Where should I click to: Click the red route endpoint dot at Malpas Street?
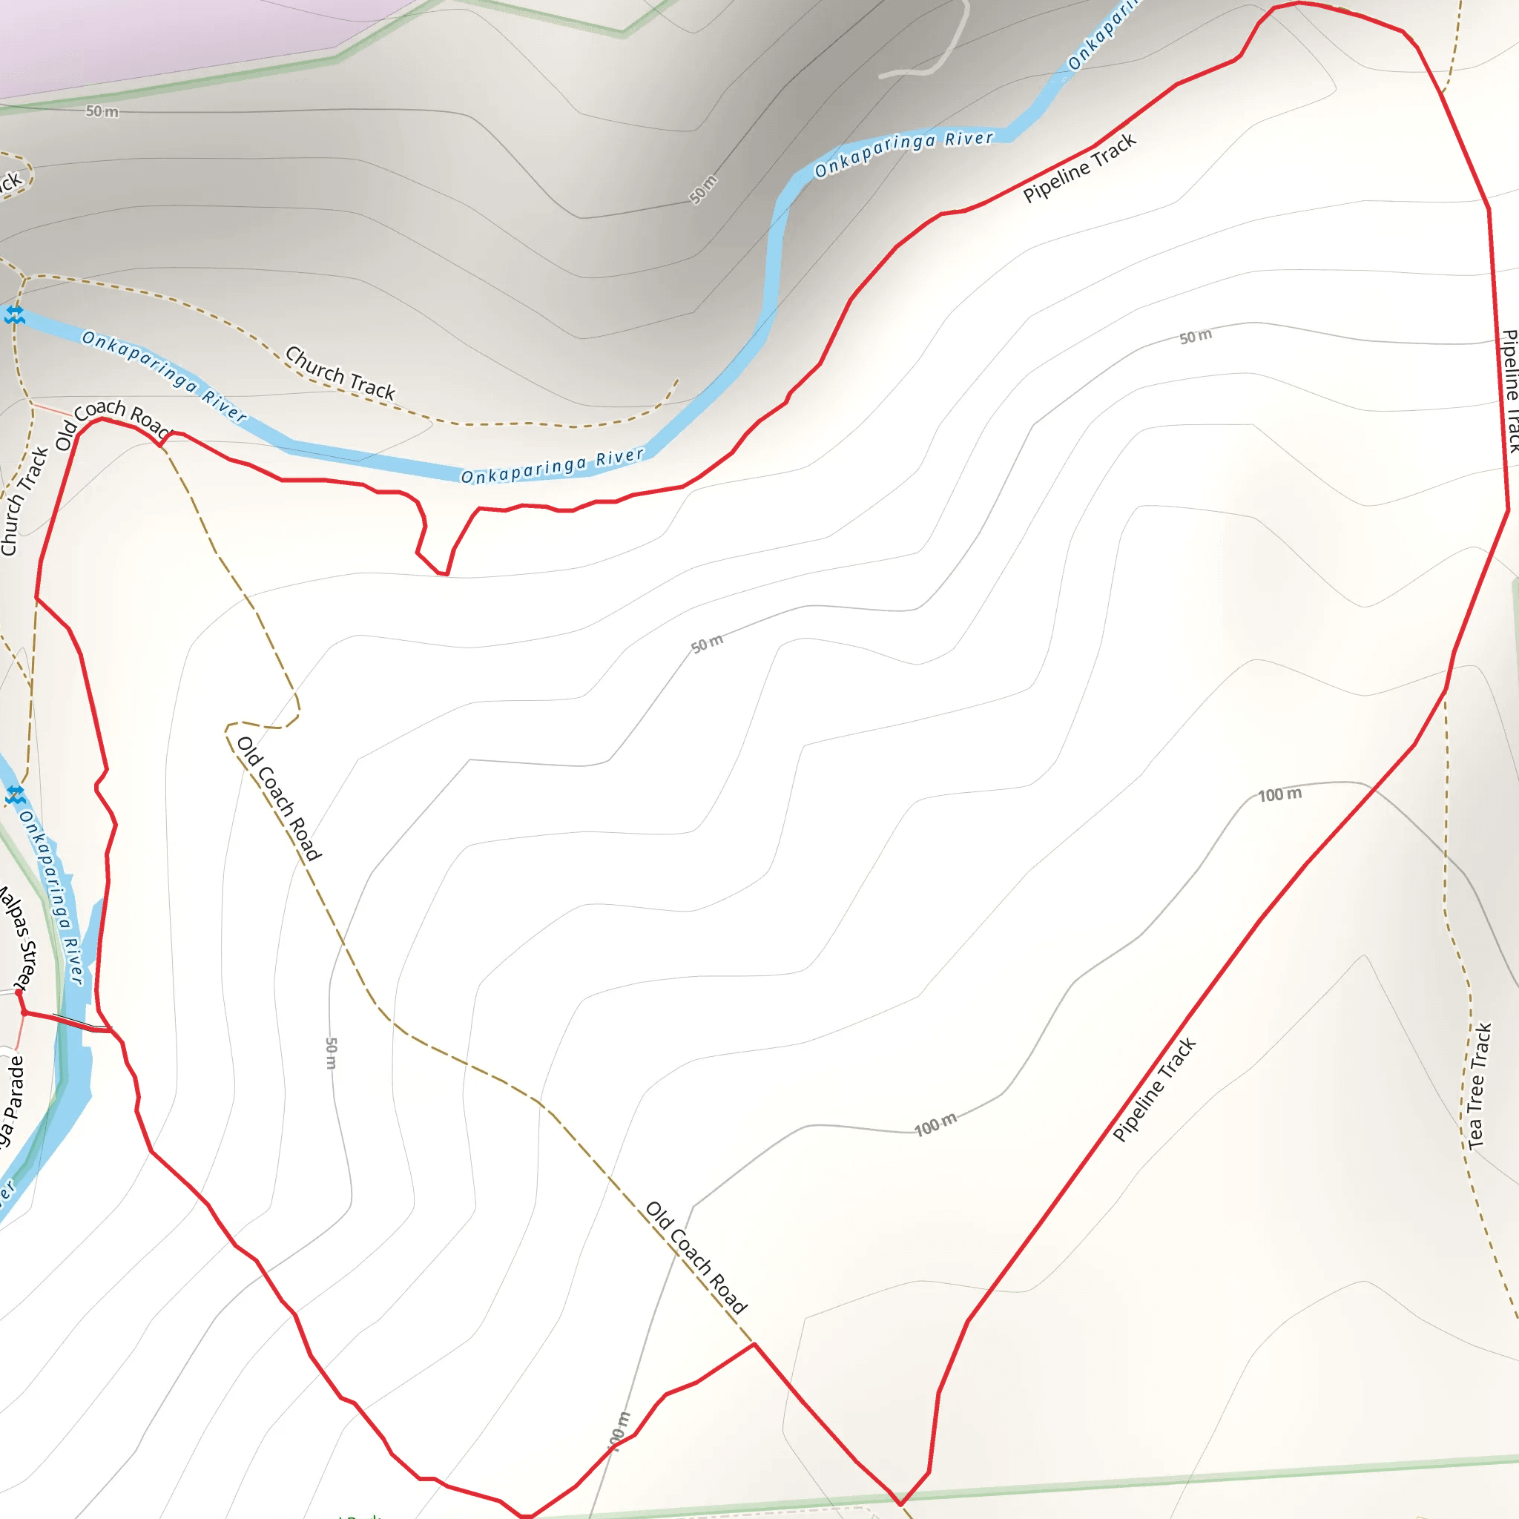tap(19, 993)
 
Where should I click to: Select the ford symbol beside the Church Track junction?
tap(14, 315)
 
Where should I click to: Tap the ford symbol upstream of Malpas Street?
tap(15, 795)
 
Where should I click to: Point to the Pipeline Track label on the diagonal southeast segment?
tap(1153, 1090)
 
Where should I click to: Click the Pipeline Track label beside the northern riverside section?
tap(1078, 168)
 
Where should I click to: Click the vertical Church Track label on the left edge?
tap(24, 501)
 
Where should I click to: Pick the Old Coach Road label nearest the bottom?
tap(695, 1257)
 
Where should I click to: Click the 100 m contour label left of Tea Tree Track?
tap(1279, 795)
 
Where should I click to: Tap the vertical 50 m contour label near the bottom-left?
tap(331, 1052)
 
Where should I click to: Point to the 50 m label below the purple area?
tap(102, 112)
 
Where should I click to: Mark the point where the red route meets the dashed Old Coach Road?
tap(754, 1345)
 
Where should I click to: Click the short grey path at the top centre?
tap(935, 55)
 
